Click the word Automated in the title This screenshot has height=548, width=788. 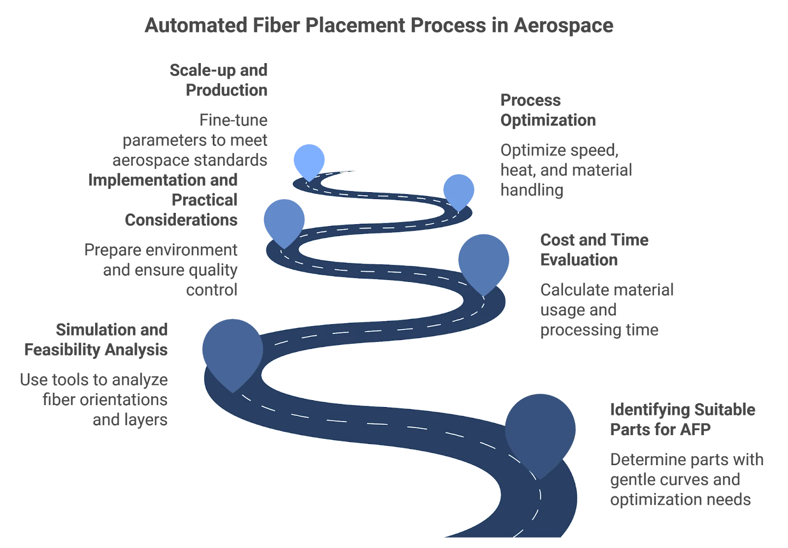click(x=196, y=25)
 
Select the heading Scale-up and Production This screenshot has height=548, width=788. click(x=219, y=80)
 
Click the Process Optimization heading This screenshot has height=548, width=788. click(x=548, y=110)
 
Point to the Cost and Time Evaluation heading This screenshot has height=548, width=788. click(x=594, y=249)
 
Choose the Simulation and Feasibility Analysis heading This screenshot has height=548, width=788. click(x=96, y=340)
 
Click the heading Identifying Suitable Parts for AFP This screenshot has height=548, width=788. click(x=683, y=419)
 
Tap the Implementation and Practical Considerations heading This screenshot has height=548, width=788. click(x=163, y=200)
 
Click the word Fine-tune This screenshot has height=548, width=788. click(x=233, y=120)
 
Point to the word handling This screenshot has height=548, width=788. click(x=531, y=190)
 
